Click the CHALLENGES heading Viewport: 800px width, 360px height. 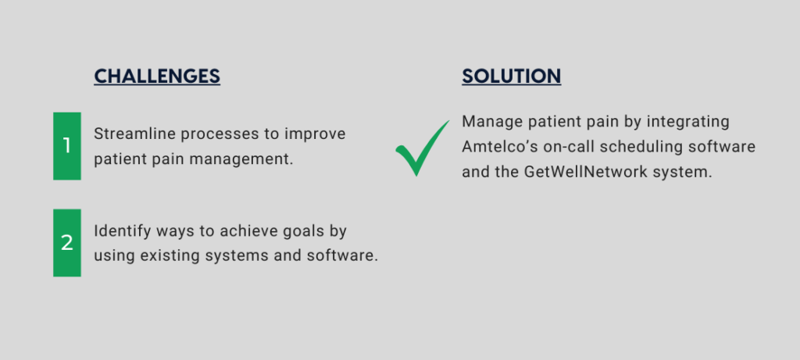[157, 76]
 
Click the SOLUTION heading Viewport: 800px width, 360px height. [511, 76]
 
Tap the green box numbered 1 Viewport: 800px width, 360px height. [67, 146]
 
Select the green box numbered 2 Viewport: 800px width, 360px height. [67, 243]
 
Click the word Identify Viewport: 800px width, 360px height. [123, 232]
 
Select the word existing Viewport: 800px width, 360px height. [170, 256]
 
